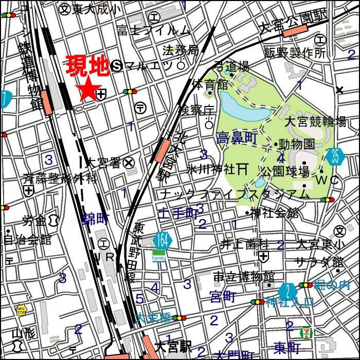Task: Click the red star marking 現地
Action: click(x=87, y=88)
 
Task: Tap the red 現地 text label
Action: click(x=87, y=66)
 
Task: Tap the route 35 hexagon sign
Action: click(x=335, y=156)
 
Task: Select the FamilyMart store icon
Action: click(x=159, y=256)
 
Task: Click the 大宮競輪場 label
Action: click(x=315, y=122)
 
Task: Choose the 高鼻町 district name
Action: click(x=237, y=138)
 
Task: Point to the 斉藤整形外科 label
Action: click(x=59, y=179)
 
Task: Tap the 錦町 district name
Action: click(x=96, y=220)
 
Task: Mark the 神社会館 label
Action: click(x=274, y=213)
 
